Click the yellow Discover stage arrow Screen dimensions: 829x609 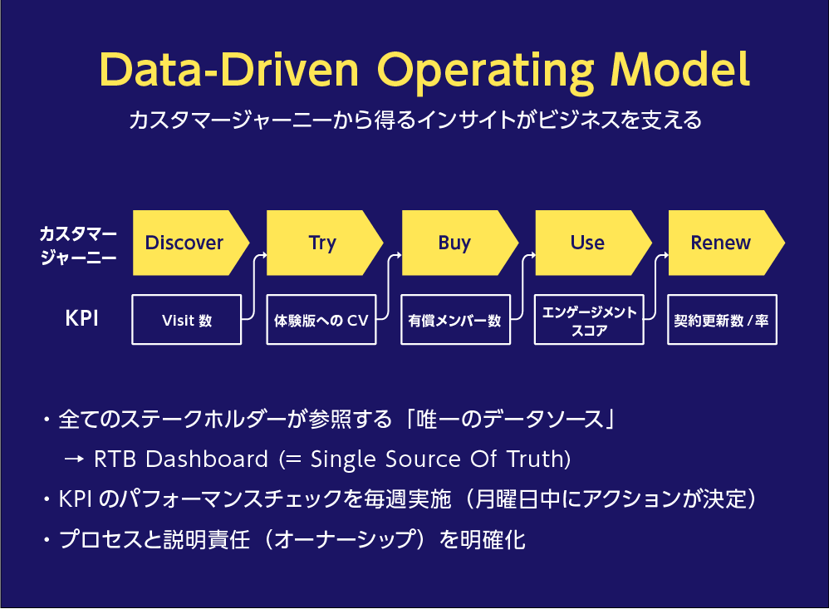point(189,243)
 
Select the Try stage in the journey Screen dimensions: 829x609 point(324,243)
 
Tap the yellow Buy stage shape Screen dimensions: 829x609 point(459,243)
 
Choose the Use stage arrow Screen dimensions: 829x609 point(592,243)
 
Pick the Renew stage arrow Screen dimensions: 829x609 point(725,243)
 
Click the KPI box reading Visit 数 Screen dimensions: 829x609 point(187,320)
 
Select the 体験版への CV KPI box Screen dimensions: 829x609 point(321,320)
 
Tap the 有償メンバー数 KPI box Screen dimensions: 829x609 point(456,320)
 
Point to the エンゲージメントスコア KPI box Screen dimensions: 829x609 point(589,320)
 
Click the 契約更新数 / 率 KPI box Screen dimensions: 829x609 point(722,320)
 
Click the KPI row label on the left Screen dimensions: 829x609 point(81,319)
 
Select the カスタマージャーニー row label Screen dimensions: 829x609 point(78,245)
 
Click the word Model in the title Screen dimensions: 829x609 point(680,69)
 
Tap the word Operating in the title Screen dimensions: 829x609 point(485,73)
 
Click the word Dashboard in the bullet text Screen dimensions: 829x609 point(207,459)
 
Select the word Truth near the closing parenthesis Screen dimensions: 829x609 point(536,459)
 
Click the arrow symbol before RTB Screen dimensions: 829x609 point(74,459)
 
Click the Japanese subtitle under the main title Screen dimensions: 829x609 point(415,120)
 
